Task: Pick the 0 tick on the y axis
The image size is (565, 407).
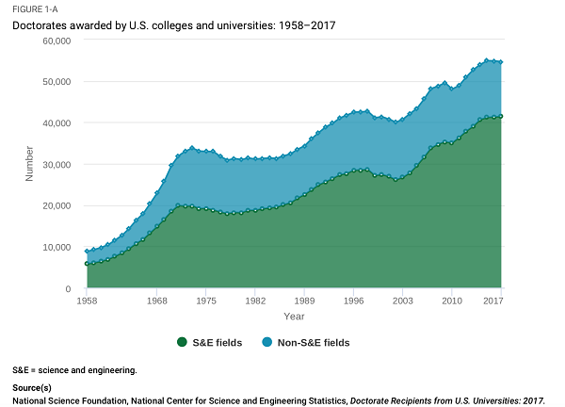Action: point(68,288)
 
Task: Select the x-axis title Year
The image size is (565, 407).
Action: point(295,316)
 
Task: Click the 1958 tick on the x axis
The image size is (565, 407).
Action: point(88,301)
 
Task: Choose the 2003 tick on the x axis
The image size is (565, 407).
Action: point(402,301)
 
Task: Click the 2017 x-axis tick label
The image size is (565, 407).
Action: point(491,301)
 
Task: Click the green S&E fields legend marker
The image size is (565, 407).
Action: point(184,343)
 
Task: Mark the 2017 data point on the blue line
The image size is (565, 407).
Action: point(500,62)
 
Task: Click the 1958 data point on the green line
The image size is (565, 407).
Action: point(87,264)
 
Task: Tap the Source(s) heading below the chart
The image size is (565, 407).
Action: point(33,388)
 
